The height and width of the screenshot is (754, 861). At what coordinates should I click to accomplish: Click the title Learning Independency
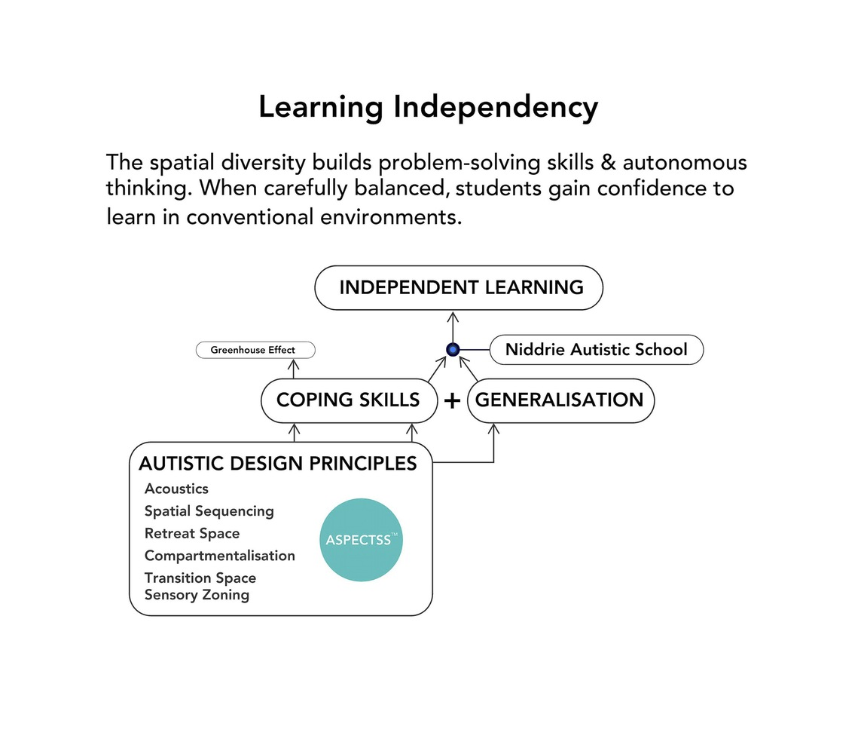click(x=428, y=107)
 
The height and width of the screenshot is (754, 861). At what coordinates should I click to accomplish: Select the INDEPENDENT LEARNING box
click(x=458, y=287)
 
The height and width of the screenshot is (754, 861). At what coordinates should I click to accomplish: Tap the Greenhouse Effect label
click(x=255, y=350)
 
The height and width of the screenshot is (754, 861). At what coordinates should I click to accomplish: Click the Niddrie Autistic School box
click(x=596, y=350)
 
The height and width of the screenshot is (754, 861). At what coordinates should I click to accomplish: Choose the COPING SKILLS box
click(x=348, y=400)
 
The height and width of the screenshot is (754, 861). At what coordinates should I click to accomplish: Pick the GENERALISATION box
click(x=560, y=400)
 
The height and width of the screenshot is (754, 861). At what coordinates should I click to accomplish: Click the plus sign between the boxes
click(x=452, y=401)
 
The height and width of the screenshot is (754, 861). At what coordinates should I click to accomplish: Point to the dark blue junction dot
click(x=453, y=349)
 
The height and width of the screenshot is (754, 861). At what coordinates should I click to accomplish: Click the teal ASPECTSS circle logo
click(x=362, y=540)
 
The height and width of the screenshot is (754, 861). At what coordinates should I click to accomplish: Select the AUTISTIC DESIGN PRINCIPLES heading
click(x=278, y=464)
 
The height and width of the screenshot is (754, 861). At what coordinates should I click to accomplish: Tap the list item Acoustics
click(x=176, y=489)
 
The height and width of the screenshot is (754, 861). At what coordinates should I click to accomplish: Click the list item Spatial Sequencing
click(x=209, y=511)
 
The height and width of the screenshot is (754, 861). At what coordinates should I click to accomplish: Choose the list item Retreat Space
click(x=192, y=534)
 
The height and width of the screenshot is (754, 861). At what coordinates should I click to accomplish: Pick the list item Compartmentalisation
click(x=219, y=556)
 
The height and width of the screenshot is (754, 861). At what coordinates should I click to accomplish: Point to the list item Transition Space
click(x=200, y=578)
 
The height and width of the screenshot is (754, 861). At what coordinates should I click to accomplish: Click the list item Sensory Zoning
click(x=197, y=595)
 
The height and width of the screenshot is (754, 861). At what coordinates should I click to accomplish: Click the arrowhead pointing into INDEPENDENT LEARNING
click(x=453, y=315)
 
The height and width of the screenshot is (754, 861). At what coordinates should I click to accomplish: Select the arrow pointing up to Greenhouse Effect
click(x=294, y=368)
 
